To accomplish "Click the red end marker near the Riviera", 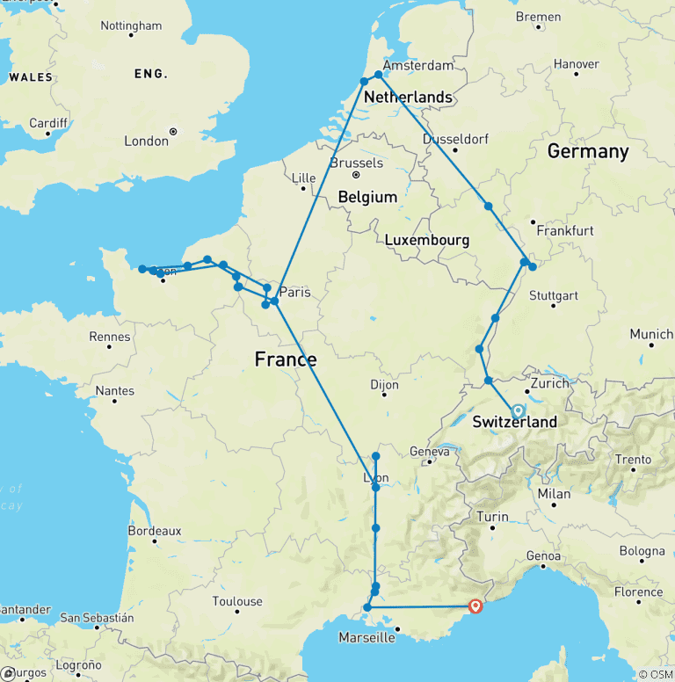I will tap(475, 606).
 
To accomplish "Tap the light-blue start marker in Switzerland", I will tap(518, 410).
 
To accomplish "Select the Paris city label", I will tap(294, 292).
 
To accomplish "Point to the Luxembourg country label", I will tap(427, 240).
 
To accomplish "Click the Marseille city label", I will tap(367, 637).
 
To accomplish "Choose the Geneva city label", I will tap(430, 452).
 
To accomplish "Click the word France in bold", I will tap(286, 359).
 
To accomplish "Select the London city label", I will tap(146, 141).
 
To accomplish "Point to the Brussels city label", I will tap(356, 163).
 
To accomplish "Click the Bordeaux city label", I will tap(154, 531).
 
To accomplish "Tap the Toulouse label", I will tap(237, 601).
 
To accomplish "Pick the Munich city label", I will tap(651, 335).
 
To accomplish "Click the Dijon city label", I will tap(384, 384).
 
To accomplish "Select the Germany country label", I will tap(588, 151).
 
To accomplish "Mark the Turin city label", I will tap(492, 518).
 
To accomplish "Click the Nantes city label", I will tap(115, 391).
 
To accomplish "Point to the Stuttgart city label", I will tap(554, 295).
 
